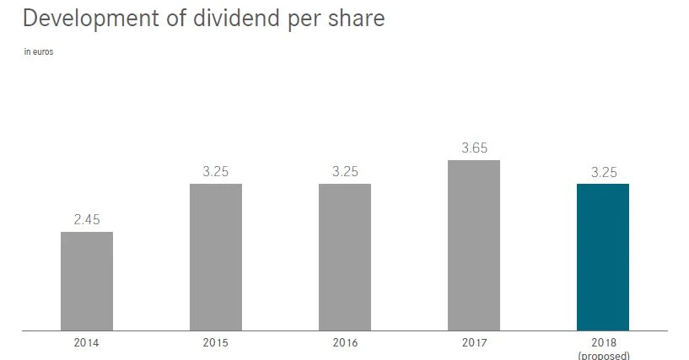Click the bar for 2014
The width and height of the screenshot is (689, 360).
coord(87,281)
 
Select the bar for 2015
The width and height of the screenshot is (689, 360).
coord(216,257)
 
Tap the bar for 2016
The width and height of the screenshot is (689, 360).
coord(345,257)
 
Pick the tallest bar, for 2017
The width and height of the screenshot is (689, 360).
coord(474,245)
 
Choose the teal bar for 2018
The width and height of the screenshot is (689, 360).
coord(603,257)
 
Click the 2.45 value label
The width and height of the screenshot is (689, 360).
coord(87,220)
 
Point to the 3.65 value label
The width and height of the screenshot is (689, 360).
coord(474,148)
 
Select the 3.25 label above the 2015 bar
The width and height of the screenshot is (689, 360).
coord(216,172)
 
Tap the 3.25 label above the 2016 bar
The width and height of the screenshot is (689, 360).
coord(345,172)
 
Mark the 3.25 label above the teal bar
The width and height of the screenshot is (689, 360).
coord(603,172)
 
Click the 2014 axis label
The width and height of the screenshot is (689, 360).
coord(87,343)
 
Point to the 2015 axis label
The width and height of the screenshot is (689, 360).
coord(216,343)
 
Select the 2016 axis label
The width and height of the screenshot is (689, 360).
coord(345,343)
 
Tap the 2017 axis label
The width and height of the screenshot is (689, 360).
coord(474,343)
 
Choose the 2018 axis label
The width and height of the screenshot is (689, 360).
coord(603,343)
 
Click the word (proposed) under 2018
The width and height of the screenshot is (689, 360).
coord(603,356)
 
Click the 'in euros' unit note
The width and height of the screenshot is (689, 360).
coord(39,52)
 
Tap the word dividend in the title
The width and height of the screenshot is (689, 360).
coord(243,18)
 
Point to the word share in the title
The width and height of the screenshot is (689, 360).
coord(354,18)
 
